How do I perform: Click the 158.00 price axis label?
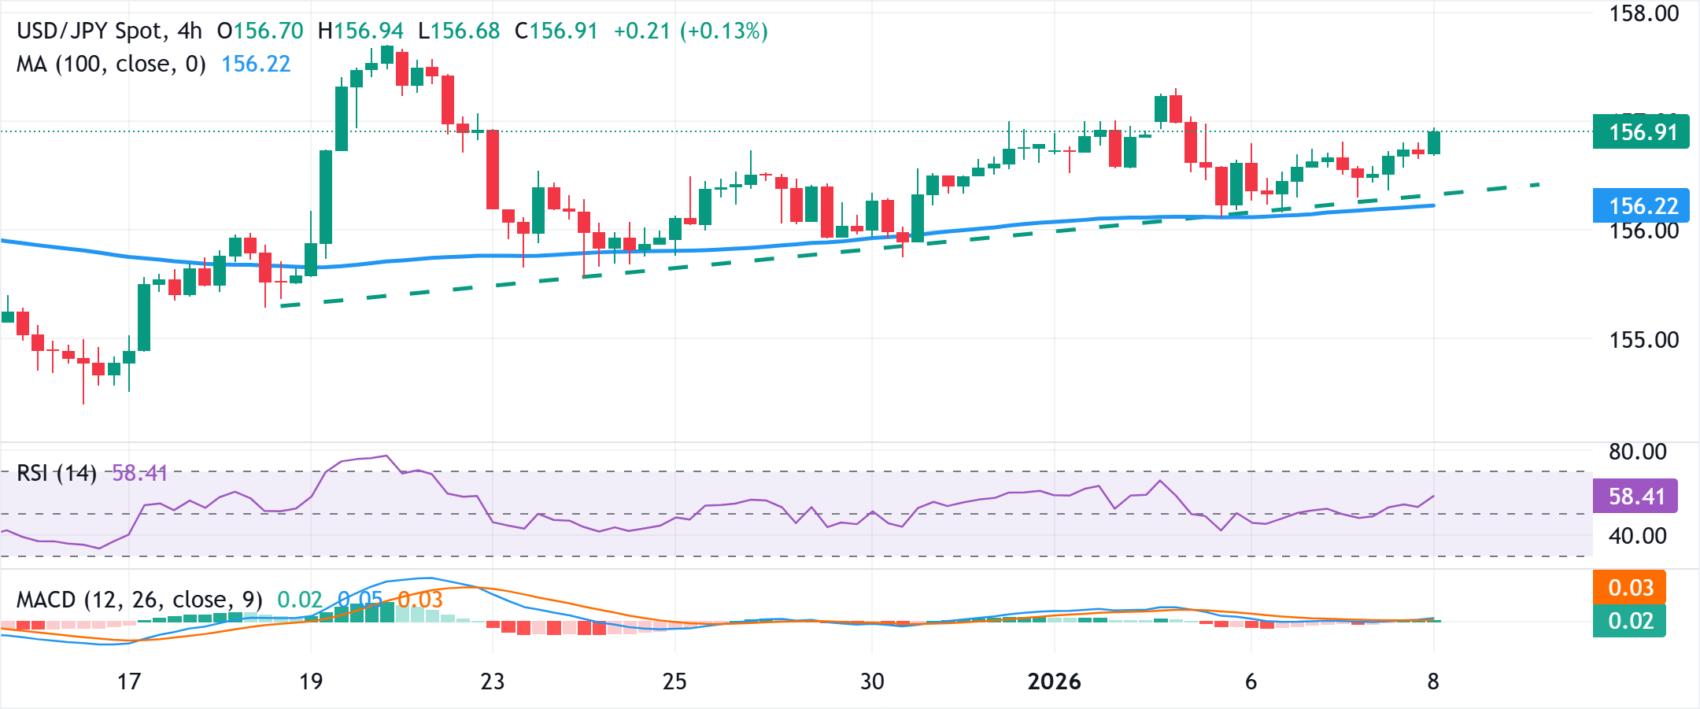(1643, 14)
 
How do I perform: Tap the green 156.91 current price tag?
(1640, 131)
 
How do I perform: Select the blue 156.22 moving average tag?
(1640, 206)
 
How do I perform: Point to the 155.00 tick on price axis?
(1643, 340)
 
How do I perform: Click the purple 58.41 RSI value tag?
(1635, 497)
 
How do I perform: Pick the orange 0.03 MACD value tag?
(1630, 588)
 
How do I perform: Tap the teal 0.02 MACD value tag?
(1630, 621)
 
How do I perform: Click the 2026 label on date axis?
(1054, 681)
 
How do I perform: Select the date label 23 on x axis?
(492, 681)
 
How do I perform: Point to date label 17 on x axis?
(129, 681)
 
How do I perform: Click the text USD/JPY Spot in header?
(91, 31)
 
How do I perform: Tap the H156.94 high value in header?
(360, 31)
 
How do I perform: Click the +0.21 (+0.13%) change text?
(690, 31)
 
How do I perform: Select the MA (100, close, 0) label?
(111, 64)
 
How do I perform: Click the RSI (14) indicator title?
(57, 473)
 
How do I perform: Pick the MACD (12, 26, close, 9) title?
(139, 600)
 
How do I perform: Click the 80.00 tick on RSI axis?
(1637, 452)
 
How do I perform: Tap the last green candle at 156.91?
(1434, 142)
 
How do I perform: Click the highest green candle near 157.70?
(386, 54)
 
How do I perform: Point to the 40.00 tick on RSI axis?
(1637, 536)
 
